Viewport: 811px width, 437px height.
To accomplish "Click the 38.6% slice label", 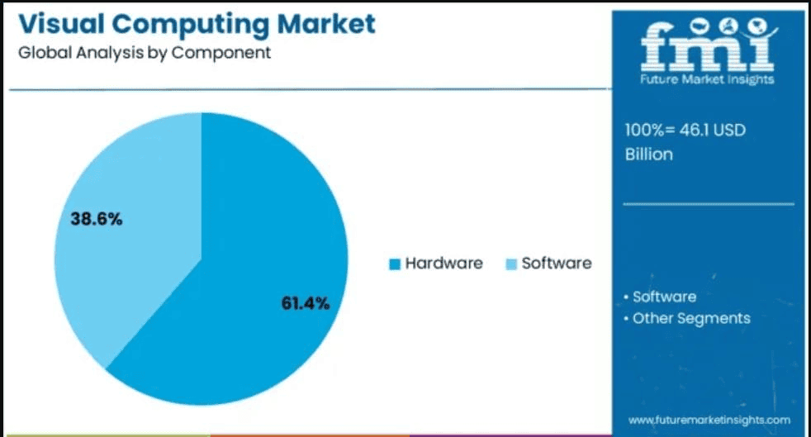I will point(96,219).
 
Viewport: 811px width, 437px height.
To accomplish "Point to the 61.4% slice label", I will point(305,303).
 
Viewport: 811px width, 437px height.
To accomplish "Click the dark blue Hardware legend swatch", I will point(395,264).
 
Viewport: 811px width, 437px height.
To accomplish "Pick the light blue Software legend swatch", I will point(511,264).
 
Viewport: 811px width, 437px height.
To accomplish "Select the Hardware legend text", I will point(443,264).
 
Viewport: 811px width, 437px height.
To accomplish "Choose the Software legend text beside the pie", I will point(557,264).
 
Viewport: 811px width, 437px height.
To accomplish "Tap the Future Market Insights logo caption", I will point(708,80).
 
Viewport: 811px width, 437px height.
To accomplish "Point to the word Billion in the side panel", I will point(649,154).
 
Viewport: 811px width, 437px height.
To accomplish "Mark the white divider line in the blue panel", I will point(708,204).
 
